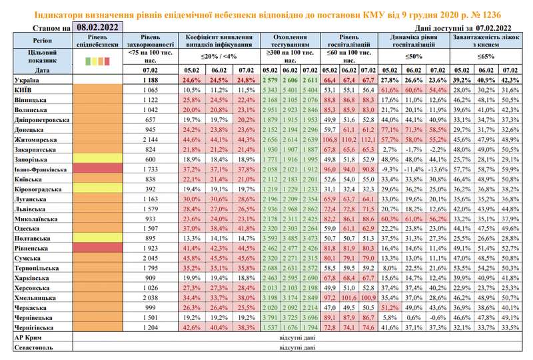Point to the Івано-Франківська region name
[x=31, y=171]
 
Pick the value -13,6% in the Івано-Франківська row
[x=438, y=171]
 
